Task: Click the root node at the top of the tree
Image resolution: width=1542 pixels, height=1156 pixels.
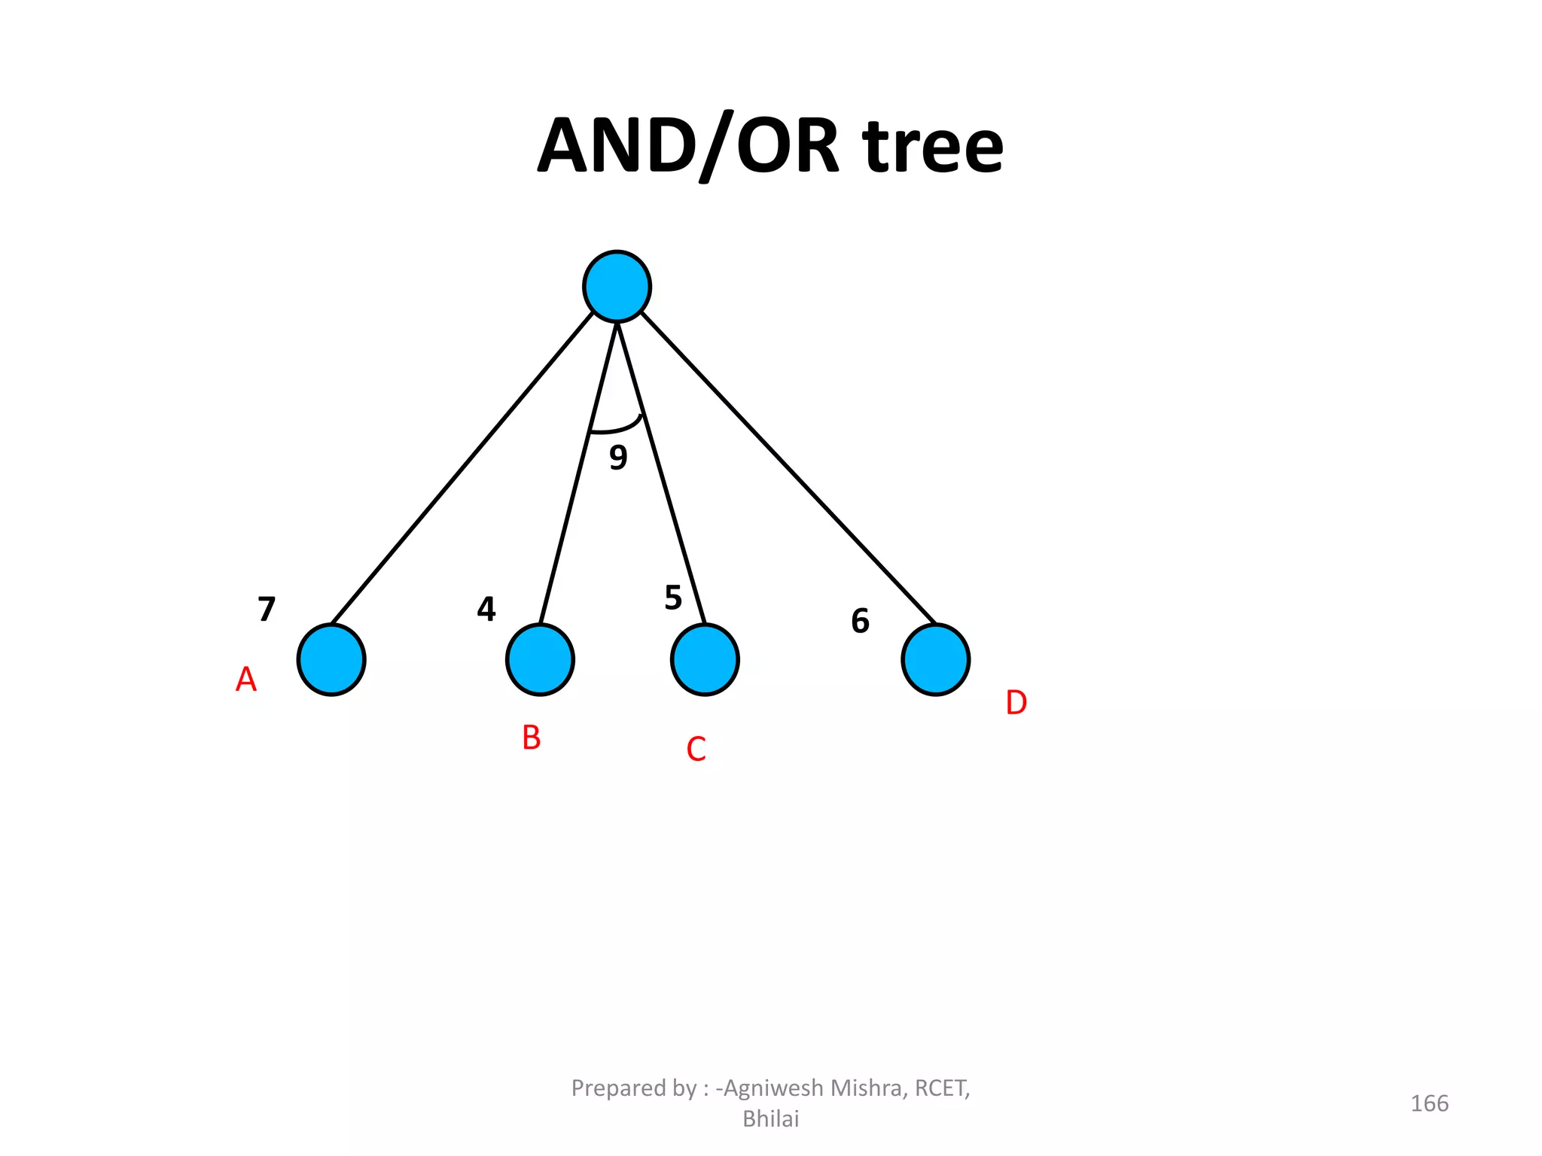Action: coord(617,287)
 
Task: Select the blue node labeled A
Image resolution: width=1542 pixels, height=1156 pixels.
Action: coord(331,659)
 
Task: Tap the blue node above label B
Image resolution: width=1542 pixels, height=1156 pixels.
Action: coord(540,659)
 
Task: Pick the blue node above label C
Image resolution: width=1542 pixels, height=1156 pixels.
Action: coord(705,659)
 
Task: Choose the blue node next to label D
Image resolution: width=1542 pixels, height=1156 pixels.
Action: coord(935,659)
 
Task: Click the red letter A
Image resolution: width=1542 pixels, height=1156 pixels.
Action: coord(246,680)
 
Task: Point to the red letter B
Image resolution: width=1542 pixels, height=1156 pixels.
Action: coord(532,738)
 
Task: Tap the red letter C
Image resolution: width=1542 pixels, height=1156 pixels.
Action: coord(696,750)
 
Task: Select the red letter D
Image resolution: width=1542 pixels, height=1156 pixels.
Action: coord(1016,703)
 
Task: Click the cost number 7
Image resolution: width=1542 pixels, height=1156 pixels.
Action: coord(267,609)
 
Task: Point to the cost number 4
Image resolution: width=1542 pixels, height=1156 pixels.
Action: coord(486,609)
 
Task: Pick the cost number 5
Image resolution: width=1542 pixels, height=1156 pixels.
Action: coord(673,598)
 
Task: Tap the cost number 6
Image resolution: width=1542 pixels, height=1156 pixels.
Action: coord(860,621)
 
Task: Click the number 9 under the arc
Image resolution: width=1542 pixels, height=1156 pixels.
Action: coord(618,457)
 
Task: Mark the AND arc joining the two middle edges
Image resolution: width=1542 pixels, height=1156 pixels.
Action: coord(617,429)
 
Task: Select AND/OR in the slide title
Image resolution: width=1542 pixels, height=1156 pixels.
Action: coord(688,146)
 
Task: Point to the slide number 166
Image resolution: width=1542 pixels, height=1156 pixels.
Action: coord(1429,1103)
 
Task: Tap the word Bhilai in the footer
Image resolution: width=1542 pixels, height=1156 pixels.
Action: coord(770,1119)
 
